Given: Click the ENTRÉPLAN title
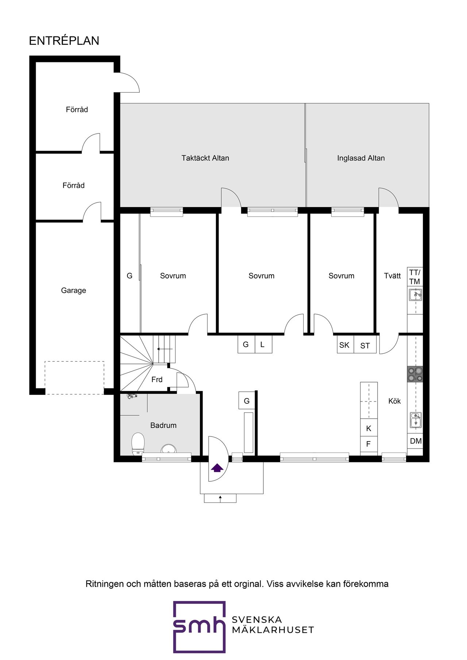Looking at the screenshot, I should coord(64,41).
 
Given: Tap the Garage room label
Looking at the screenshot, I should coord(73,291).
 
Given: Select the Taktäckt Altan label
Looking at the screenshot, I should coord(205,158).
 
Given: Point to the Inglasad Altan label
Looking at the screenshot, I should coord(360,158).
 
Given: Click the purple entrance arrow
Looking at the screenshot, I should coord(217,468).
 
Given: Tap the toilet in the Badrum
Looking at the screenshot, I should coord(138,443).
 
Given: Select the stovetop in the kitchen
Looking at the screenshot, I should coord(415,374).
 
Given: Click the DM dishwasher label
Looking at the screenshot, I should coord(416,441).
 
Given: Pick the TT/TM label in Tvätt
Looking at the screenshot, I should coord(414,277).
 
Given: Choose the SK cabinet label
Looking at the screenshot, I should coord(344,345).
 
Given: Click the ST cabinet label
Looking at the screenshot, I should coord(365,346).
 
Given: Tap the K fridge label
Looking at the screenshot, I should coord(368,428).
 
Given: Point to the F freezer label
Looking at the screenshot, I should coord(368,444).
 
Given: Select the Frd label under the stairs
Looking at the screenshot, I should coord(157,380).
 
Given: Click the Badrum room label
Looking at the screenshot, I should coord(163,426).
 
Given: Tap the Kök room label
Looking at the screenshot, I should coord(394,401).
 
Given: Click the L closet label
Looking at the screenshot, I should coord(262,345).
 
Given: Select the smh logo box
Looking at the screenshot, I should coord(199,627).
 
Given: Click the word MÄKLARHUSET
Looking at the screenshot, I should coord(273,630).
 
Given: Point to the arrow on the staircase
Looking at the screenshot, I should coord(165,349).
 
